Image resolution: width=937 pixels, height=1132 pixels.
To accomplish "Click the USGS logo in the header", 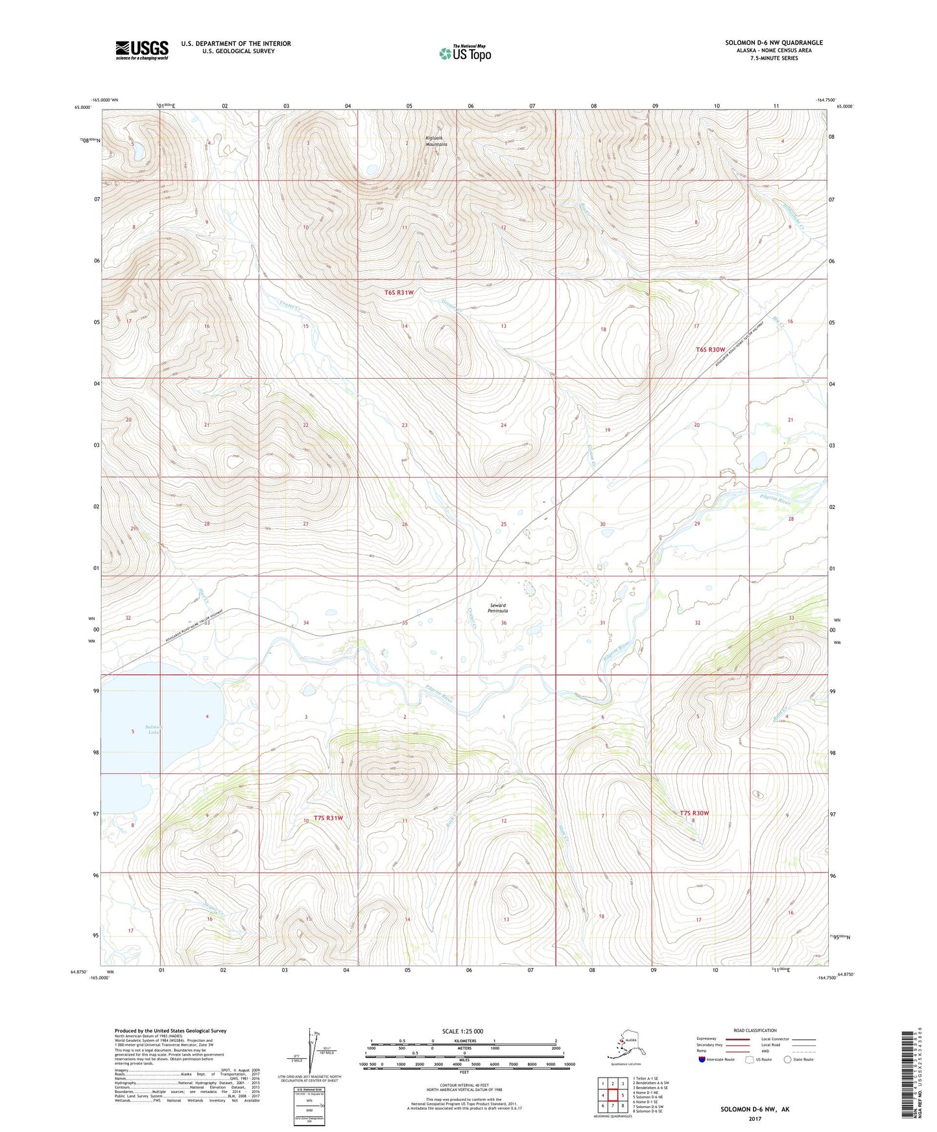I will click(x=141, y=50).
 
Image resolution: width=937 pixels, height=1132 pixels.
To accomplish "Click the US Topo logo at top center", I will click(x=465, y=53).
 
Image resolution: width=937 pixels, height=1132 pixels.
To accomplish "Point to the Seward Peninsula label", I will click(x=498, y=608).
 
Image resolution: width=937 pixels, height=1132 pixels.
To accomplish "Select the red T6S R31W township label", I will click(x=399, y=292).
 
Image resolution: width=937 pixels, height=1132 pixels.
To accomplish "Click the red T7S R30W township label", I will click(x=694, y=813).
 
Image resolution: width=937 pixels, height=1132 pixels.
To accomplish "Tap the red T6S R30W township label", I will click(x=711, y=349).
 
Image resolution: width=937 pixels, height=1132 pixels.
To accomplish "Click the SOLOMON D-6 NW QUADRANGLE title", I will click(x=774, y=43).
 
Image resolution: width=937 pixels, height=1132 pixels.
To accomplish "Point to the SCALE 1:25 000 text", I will click(x=462, y=1032).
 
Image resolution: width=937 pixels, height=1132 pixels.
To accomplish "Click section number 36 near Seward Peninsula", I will click(x=504, y=623).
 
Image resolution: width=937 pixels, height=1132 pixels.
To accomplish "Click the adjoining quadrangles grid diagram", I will click(x=612, y=1096).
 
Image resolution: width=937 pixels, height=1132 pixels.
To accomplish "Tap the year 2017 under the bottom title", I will click(x=754, y=1119).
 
